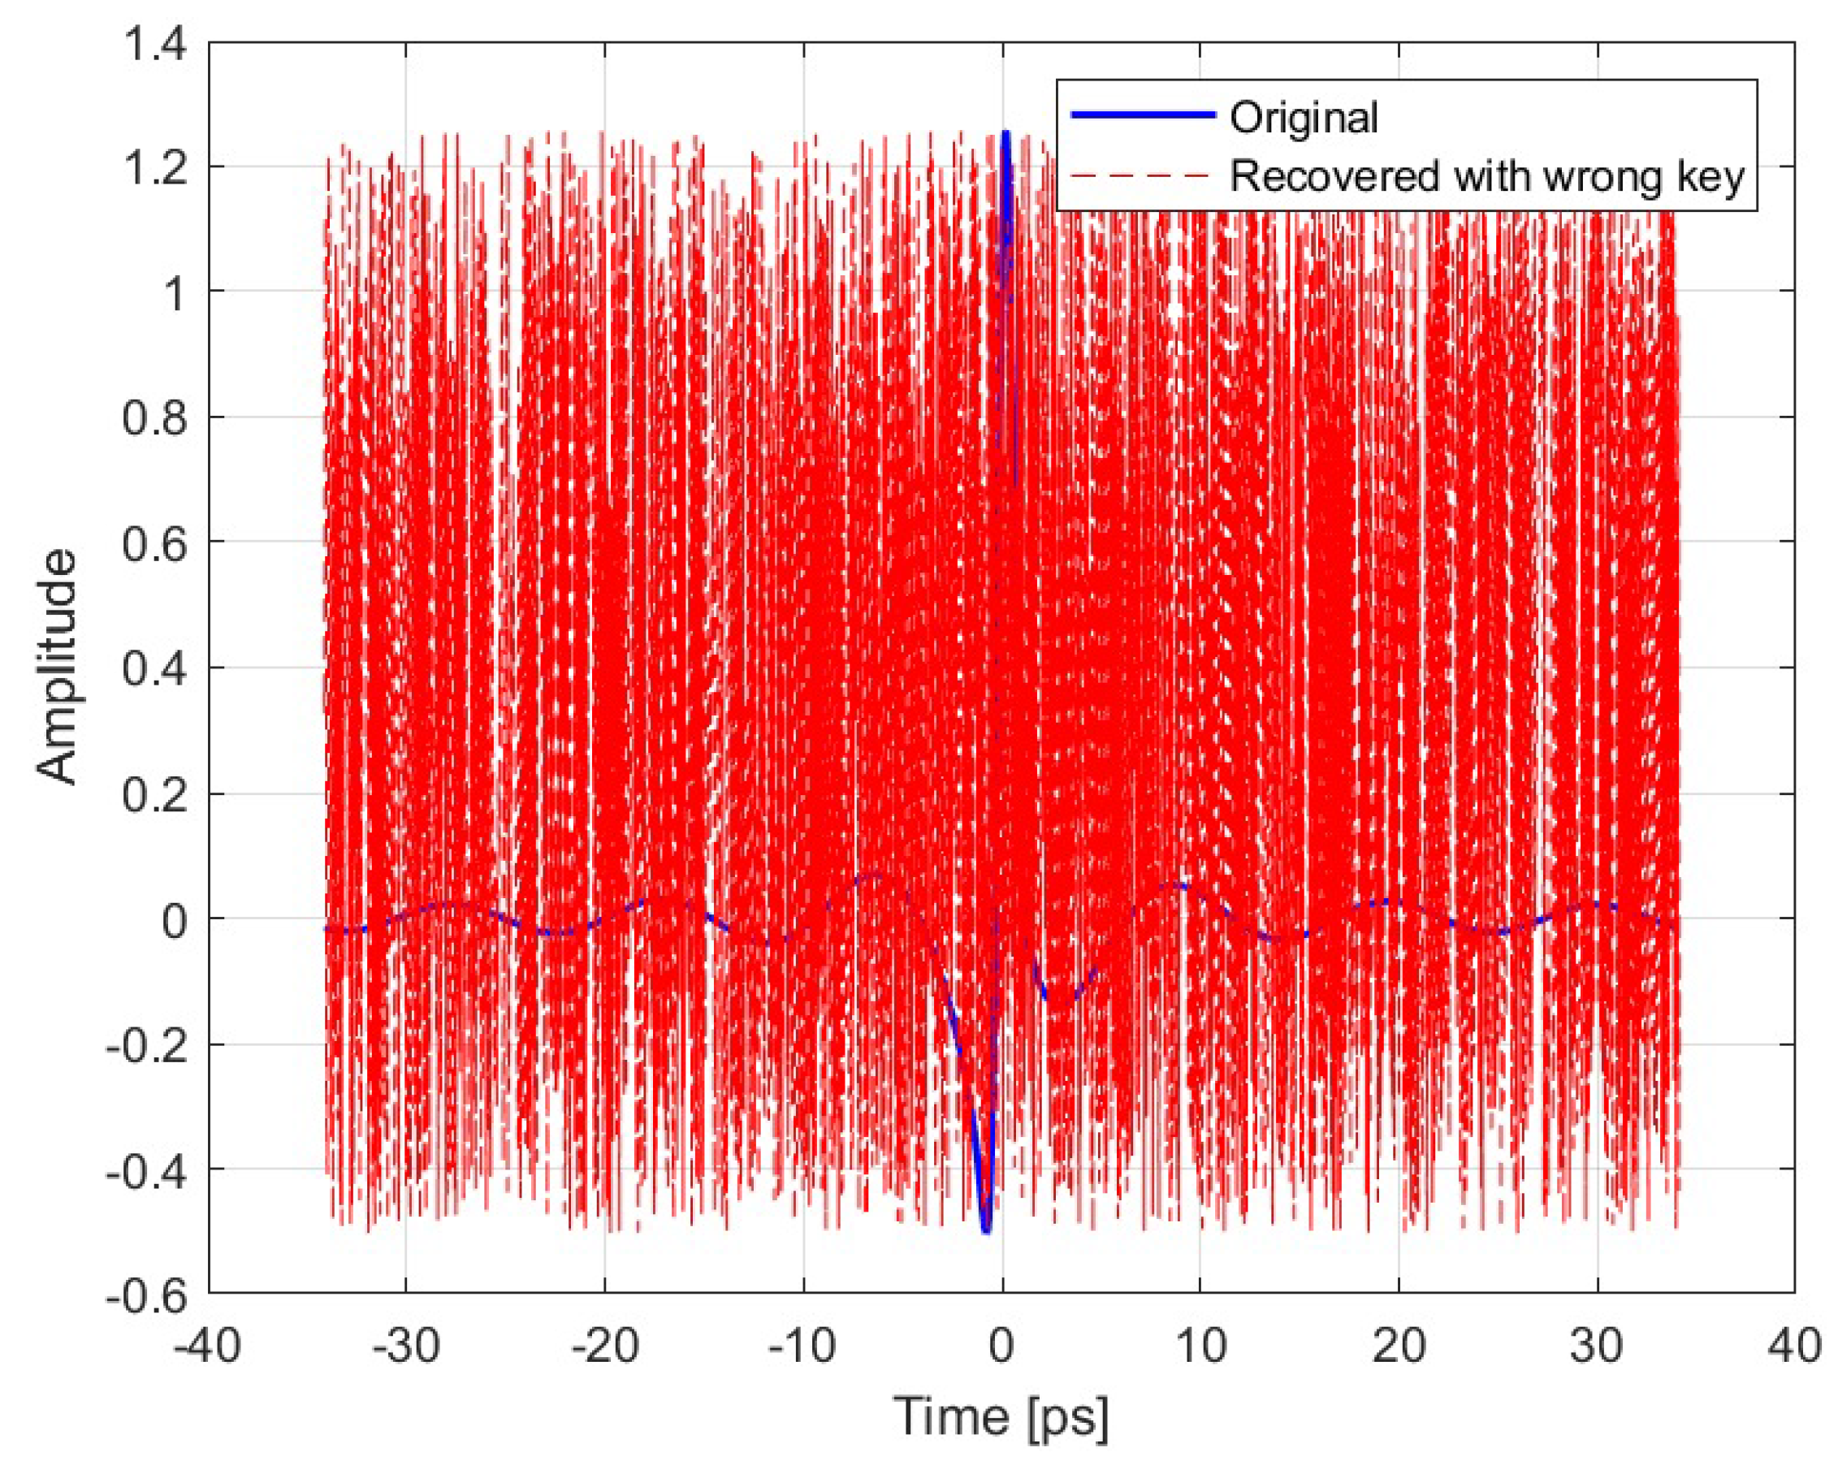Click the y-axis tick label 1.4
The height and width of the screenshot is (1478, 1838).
155,45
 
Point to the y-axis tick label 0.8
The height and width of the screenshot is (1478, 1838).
155,418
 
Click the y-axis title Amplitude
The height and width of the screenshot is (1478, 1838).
58,667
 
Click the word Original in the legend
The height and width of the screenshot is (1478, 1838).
1304,117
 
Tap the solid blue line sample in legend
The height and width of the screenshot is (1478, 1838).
1143,115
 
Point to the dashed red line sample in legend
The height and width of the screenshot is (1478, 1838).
1143,175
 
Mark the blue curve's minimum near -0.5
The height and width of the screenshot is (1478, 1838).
986,1230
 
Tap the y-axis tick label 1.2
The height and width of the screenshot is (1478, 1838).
155,168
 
